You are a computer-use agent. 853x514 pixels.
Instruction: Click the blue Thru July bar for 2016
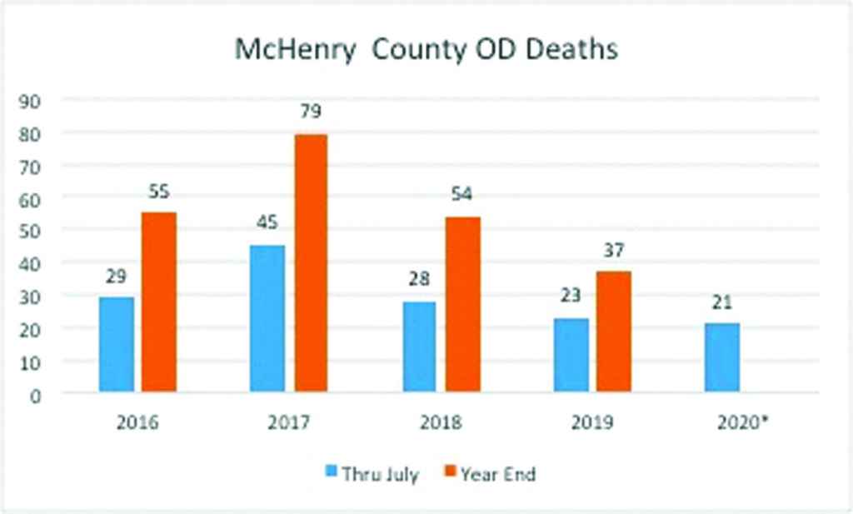[116, 344]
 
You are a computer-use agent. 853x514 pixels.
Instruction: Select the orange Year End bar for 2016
[158, 302]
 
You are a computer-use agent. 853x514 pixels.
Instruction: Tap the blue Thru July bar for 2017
[267, 318]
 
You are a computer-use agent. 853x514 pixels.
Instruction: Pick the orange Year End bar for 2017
[311, 262]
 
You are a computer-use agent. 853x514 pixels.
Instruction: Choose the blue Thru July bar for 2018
[420, 346]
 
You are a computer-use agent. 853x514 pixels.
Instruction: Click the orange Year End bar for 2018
[462, 304]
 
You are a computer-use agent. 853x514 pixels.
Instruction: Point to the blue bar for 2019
[570, 354]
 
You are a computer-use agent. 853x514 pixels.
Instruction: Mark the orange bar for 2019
[613, 332]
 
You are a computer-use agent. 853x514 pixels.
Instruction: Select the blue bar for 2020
[721, 357]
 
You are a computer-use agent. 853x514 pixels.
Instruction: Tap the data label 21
[721, 303]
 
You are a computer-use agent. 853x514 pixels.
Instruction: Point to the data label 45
[267, 223]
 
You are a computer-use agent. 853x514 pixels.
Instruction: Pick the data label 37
[613, 251]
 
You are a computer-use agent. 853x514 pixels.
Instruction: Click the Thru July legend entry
[372, 475]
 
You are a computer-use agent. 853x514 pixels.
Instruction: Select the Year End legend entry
[489, 475]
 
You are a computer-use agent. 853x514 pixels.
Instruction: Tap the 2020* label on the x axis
[742, 422]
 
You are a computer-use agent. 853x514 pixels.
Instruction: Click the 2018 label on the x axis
[440, 422]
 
